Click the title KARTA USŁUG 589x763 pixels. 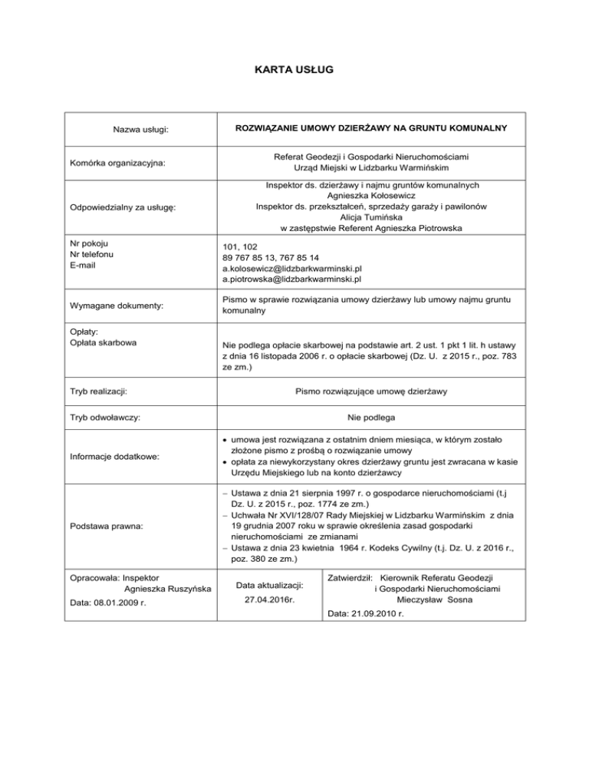click(294, 70)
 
